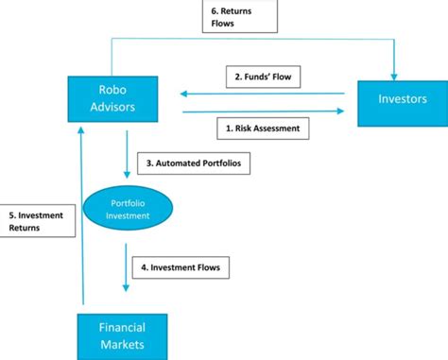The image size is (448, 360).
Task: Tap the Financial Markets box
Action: [x=123, y=336]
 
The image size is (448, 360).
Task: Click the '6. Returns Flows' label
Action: [x=238, y=16]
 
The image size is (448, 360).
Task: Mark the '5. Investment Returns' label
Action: [x=35, y=221]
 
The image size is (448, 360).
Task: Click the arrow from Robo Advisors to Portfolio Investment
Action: [x=127, y=153]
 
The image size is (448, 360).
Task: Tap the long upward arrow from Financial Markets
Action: [x=82, y=217]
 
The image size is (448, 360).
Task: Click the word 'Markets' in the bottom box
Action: [x=123, y=345]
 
